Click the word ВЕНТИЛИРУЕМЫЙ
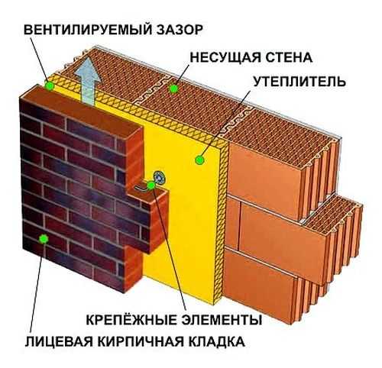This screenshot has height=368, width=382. [x=86, y=30]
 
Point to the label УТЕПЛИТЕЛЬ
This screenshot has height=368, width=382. [x=299, y=82]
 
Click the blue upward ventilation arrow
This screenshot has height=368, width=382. [x=87, y=81]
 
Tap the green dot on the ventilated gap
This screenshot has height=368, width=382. [x=49, y=86]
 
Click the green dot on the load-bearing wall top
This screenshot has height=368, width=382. [x=173, y=89]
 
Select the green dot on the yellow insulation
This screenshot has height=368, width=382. [x=199, y=160]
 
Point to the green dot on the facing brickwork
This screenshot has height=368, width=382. [x=44, y=238]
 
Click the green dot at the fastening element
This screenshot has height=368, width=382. [x=151, y=186]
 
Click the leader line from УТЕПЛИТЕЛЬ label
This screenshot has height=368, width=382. [x=225, y=124]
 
